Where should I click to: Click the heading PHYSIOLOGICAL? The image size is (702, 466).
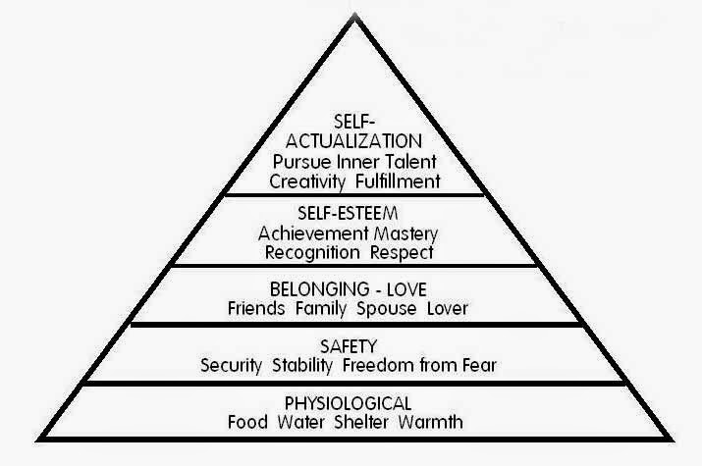pyautogui.click(x=351, y=403)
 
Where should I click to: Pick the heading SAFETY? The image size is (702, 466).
pyautogui.click(x=351, y=344)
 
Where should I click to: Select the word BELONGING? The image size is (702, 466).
pyautogui.click(x=312, y=289)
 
